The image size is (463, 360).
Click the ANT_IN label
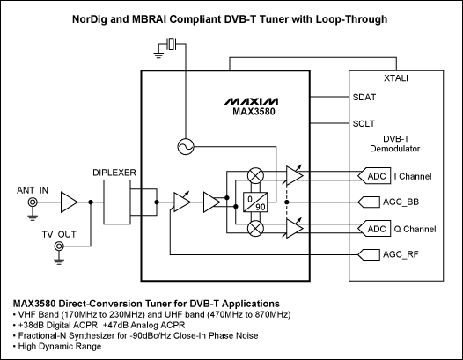tap(31, 189)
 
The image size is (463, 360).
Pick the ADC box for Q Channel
tap(376, 229)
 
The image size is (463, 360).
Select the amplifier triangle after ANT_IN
tap(69, 204)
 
